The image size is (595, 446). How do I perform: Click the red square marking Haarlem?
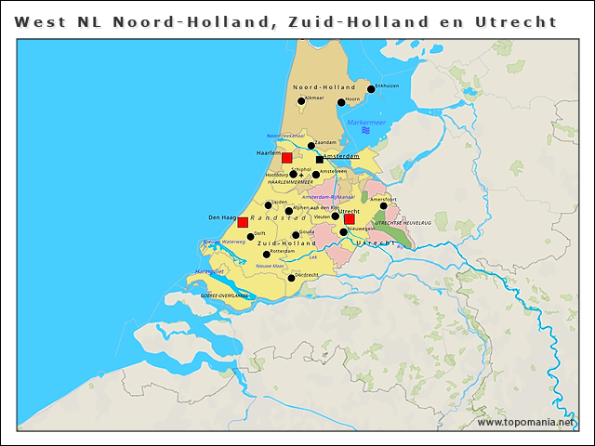click(x=286, y=158)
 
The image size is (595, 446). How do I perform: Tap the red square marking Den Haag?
click(x=243, y=222)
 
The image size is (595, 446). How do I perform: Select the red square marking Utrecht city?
click(x=350, y=219)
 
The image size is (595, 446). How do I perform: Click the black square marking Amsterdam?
click(x=320, y=159)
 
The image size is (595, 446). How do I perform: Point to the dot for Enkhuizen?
click(x=371, y=89)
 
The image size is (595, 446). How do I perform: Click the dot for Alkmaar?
click(x=301, y=101)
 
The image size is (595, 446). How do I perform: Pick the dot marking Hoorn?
click(x=341, y=102)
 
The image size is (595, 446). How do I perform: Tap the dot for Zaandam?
click(x=311, y=145)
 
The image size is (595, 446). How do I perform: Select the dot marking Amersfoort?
click(x=383, y=206)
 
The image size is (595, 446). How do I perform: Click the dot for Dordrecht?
click(x=291, y=278)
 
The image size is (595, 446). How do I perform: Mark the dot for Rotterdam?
click(x=267, y=254)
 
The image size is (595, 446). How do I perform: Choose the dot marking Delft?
click(x=250, y=236)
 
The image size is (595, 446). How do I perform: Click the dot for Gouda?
click(x=296, y=235)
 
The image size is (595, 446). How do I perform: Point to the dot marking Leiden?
click(x=269, y=205)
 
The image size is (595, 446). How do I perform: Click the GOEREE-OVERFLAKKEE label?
click(x=227, y=295)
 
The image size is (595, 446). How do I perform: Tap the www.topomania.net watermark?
click(x=526, y=423)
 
